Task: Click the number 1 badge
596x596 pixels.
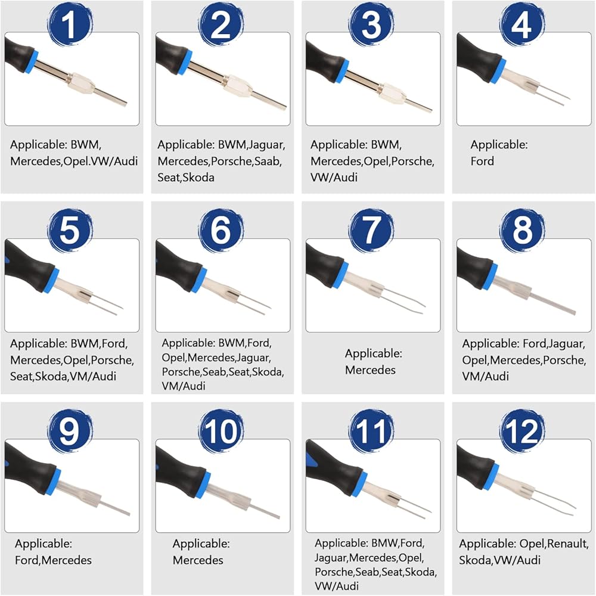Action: (70, 24)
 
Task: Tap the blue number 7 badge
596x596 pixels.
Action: (371, 230)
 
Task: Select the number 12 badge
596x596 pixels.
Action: (521, 431)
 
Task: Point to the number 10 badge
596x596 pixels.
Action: (221, 431)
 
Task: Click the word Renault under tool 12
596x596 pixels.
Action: (567, 544)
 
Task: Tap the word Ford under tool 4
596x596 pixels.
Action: (482, 161)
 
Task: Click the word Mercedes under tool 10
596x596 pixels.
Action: (198, 560)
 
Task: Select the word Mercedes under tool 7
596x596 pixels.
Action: (370, 370)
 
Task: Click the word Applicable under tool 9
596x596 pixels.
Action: (44, 544)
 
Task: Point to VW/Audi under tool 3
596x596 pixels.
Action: (334, 178)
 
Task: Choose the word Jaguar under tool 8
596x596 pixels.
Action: (566, 344)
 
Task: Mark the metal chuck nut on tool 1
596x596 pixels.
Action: (82, 83)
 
